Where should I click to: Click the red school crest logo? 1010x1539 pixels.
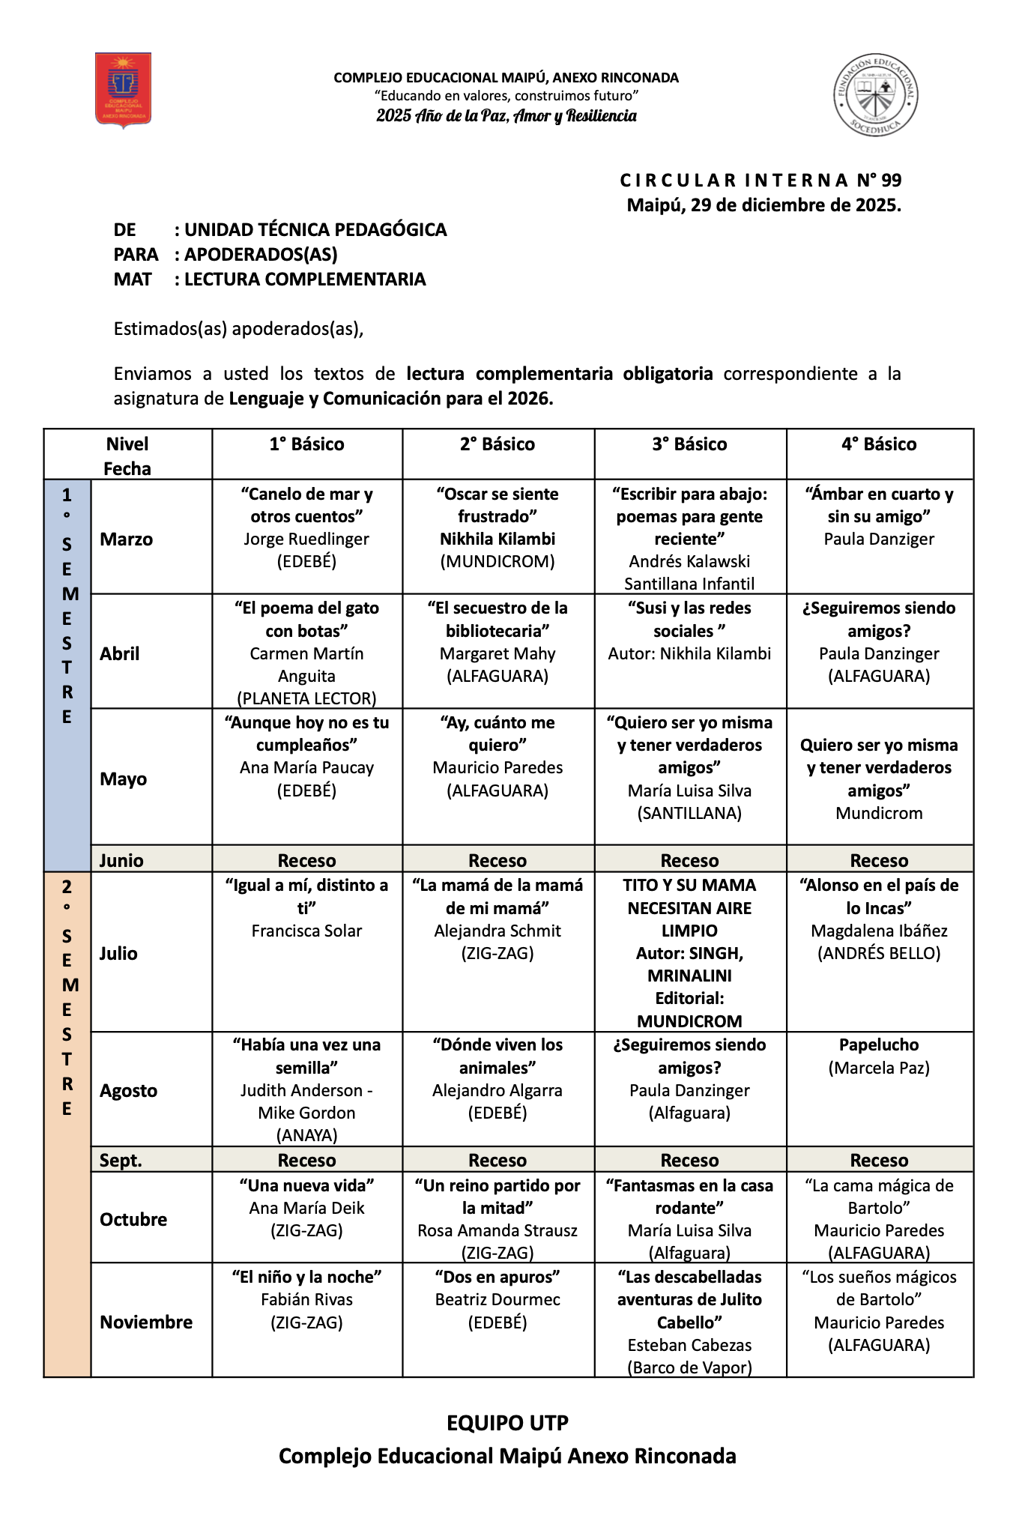pyautogui.click(x=124, y=90)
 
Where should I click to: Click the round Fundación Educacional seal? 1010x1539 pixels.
pyautogui.click(x=876, y=94)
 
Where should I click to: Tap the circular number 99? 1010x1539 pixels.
pyautogui.click(x=891, y=181)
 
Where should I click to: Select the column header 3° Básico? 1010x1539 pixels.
pyautogui.click(x=689, y=444)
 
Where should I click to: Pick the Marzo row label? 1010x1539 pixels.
pyautogui.click(x=126, y=539)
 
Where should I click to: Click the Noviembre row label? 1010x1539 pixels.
pyautogui.click(x=146, y=1322)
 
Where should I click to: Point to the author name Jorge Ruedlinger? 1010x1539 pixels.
pyautogui.click(x=306, y=539)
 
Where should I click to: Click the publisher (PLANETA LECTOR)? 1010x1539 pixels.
pyautogui.click(x=306, y=698)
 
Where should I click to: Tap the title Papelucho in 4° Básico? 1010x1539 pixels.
pyautogui.click(x=879, y=1045)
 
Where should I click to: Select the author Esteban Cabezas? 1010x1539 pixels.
pyautogui.click(x=689, y=1345)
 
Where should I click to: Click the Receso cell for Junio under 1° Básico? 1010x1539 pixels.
pyautogui.click(x=306, y=860)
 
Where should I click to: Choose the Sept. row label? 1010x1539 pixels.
pyautogui.click(x=121, y=1161)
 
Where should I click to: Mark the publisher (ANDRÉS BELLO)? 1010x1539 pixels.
pyautogui.click(x=879, y=953)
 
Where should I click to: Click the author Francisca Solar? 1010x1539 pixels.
pyautogui.click(x=306, y=931)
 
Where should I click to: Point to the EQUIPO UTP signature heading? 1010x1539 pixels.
pyautogui.click(x=507, y=1423)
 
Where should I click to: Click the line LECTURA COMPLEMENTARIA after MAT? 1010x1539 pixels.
pyautogui.click(x=305, y=279)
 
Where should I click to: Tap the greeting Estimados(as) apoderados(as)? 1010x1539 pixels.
pyautogui.click(x=238, y=329)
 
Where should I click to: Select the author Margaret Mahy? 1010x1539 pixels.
pyautogui.click(x=498, y=653)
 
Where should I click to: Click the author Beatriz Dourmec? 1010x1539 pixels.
pyautogui.click(x=498, y=1299)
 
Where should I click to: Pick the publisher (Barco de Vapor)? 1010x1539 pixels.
pyautogui.click(x=689, y=1367)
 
